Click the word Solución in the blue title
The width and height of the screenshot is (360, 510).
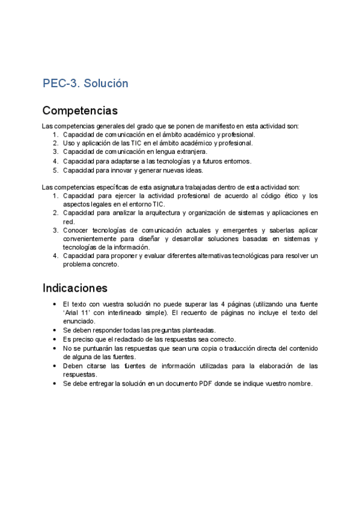106,84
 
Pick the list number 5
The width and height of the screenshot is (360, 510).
55,170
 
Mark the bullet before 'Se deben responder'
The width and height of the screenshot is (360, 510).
55,330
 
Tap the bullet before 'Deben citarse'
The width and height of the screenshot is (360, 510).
55,366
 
